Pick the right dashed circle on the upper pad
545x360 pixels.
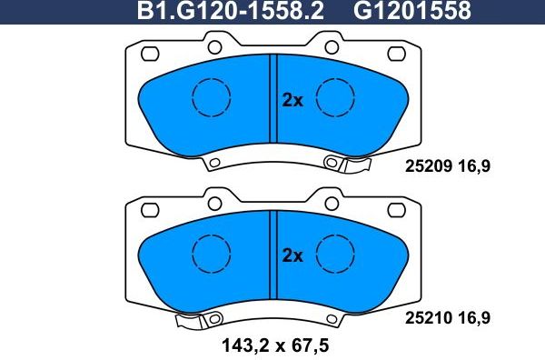click(x=332, y=98)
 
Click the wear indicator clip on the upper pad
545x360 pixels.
click(x=356, y=165)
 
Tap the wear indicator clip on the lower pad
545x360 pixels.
click(x=192, y=320)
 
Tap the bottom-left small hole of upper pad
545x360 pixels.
click(x=214, y=165)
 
